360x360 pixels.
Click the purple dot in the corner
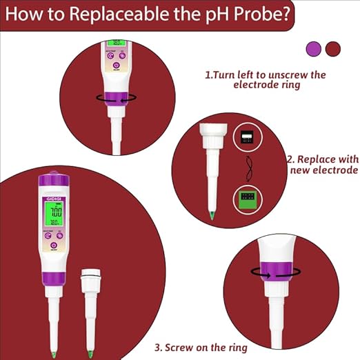314,48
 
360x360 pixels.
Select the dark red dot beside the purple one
332,48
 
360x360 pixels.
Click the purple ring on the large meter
52,281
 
